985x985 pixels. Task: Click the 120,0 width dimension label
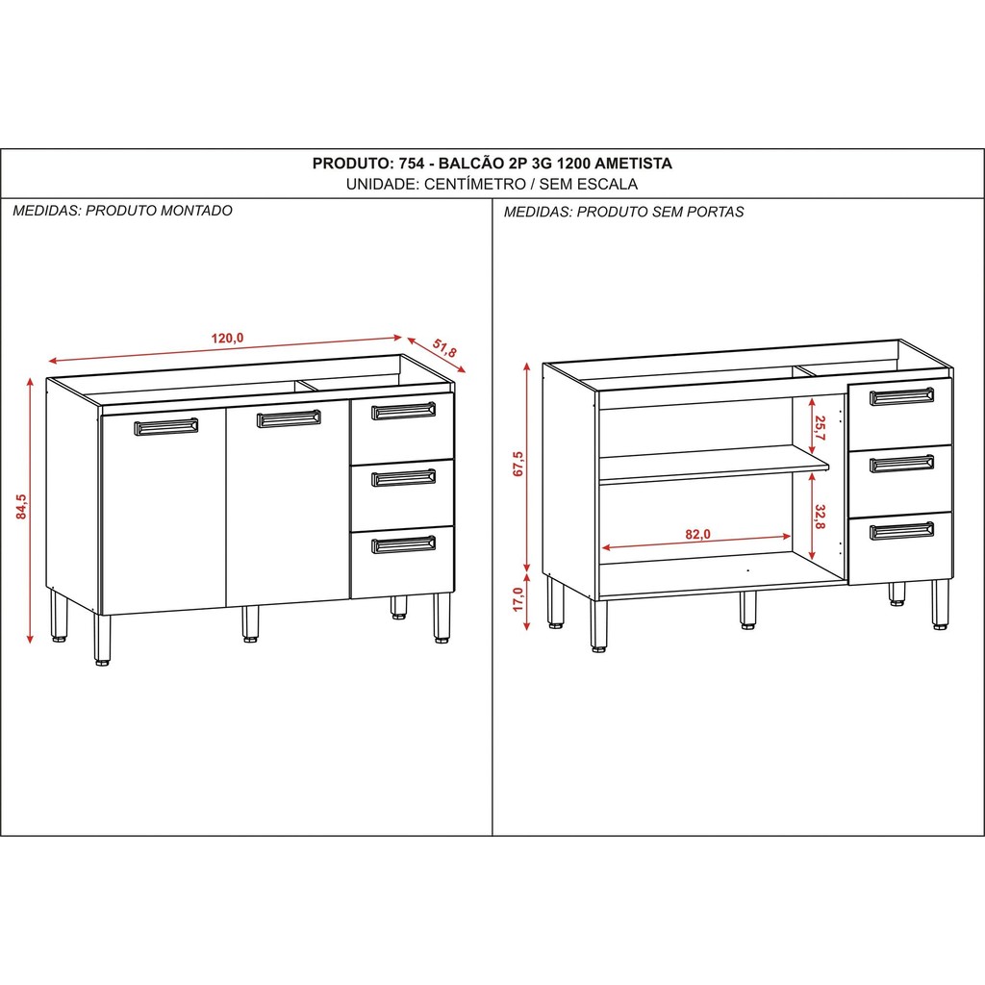(227, 338)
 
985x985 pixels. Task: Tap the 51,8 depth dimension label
(444, 348)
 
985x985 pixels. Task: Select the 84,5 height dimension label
(22, 507)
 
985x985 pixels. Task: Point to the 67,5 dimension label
(518, 464)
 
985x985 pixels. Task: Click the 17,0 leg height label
(518, 599)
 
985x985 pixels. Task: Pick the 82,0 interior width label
(698, 534)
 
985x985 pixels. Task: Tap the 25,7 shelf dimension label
(820, 428)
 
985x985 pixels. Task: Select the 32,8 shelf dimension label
(820, 517)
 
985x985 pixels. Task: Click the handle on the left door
(165, 427)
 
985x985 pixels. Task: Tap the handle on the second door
(289, 419)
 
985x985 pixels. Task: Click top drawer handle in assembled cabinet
(403, 412)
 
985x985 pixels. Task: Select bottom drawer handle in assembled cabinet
(403, 544)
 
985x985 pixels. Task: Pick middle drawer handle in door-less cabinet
(901, 465)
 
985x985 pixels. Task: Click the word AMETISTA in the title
(633, 164)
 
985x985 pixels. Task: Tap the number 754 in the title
(412, 164)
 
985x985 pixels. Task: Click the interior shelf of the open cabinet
(715, 465)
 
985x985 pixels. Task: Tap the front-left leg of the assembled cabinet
(102, 640)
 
